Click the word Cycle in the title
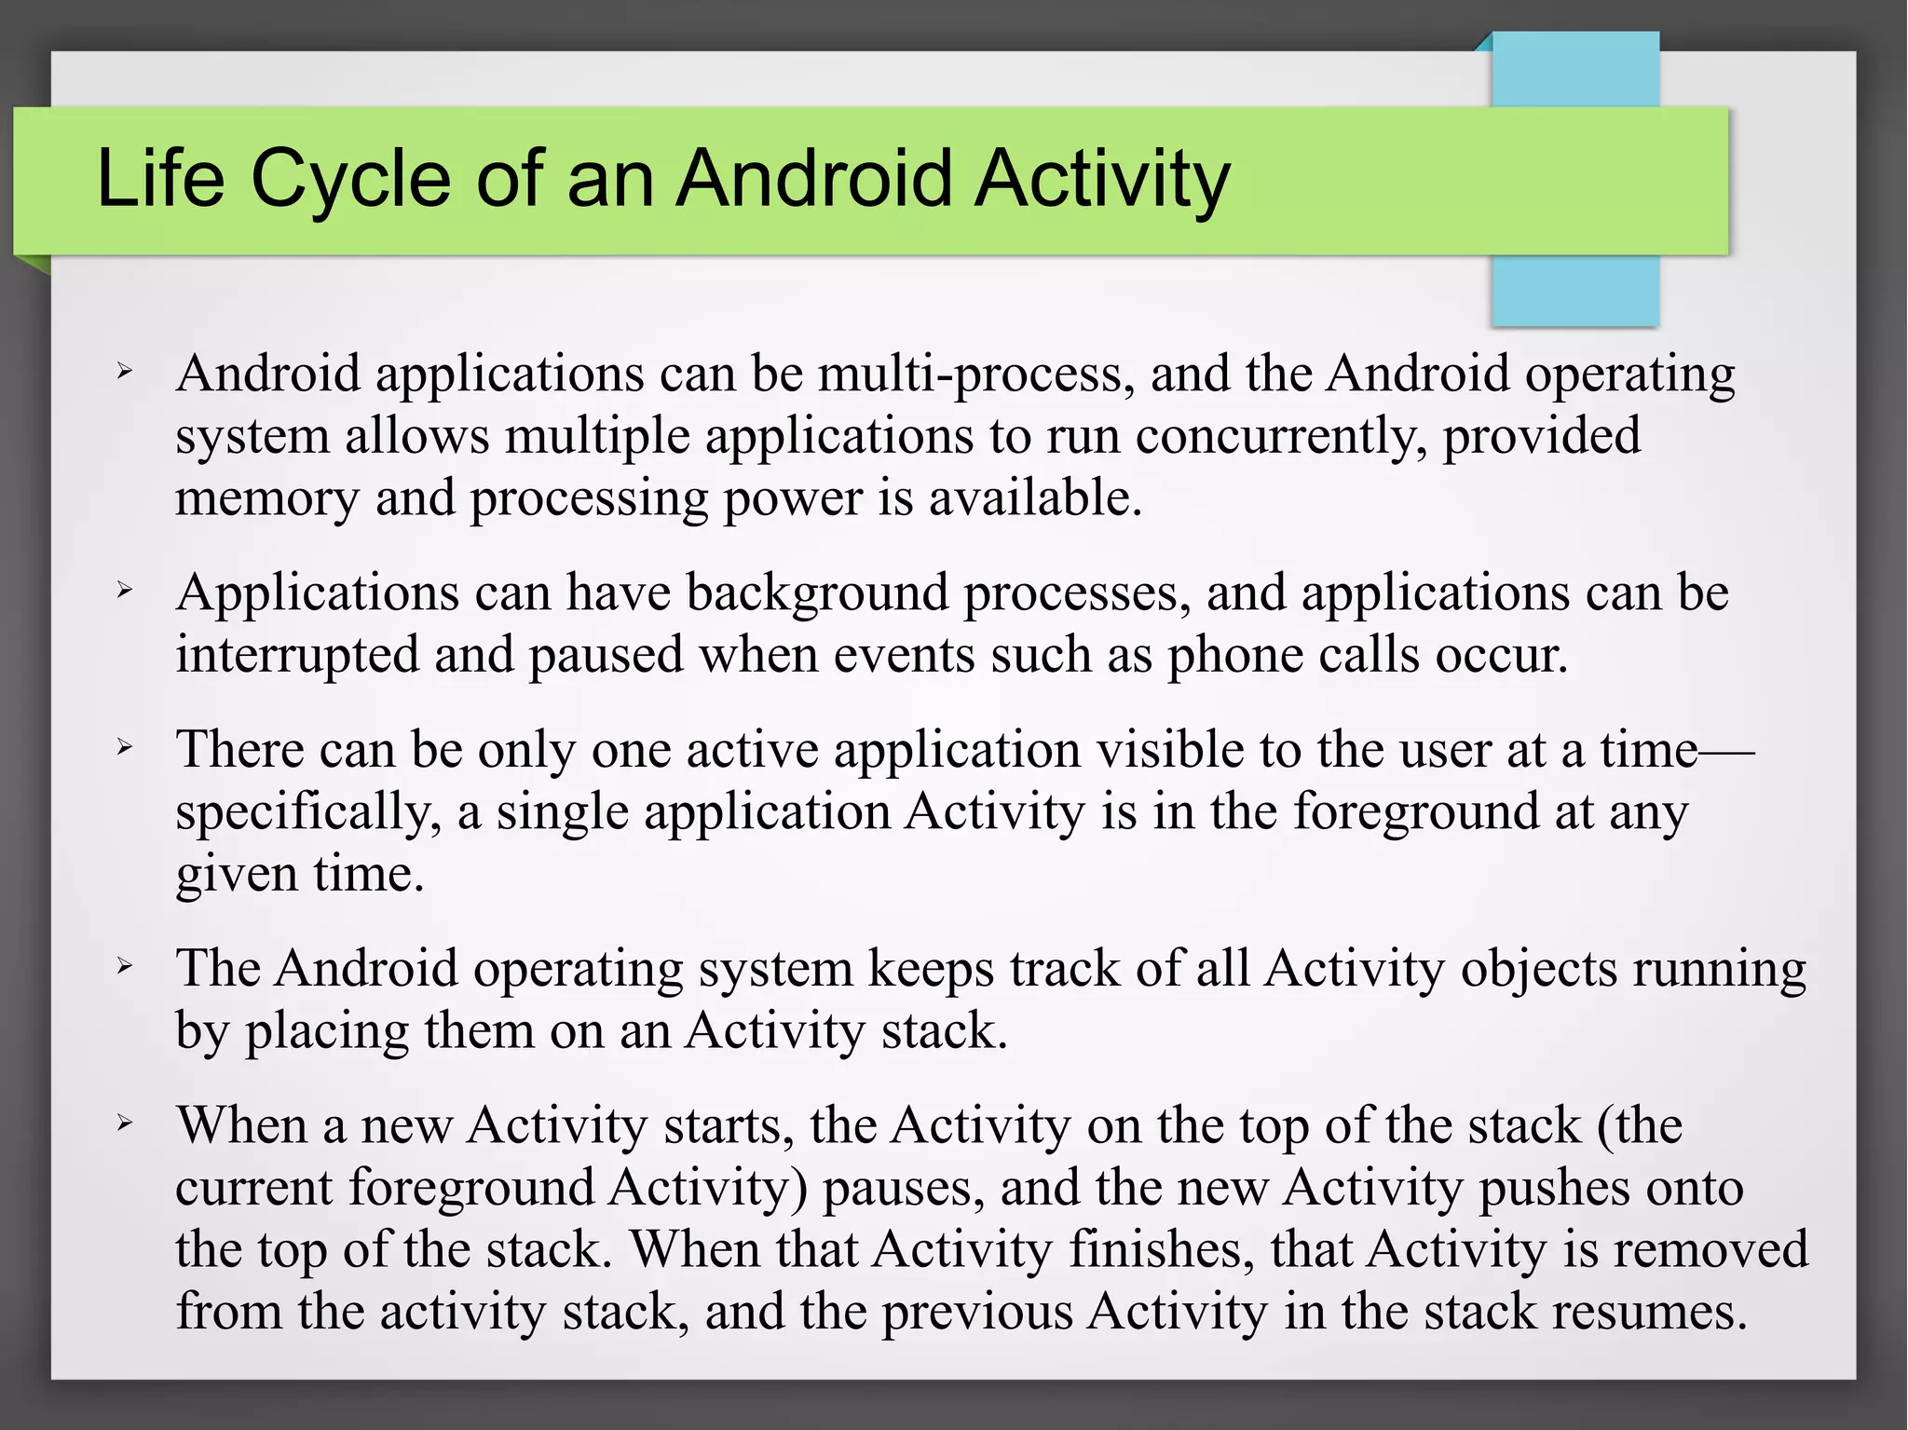tap(351, 179)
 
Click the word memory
tap(266, 499)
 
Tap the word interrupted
tap(297, 655)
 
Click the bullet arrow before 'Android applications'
tap(125, 373)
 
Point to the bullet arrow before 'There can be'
tap(125, 747)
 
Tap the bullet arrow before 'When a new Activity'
tap(125, 1124)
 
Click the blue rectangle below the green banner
tap(1574, 291)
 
